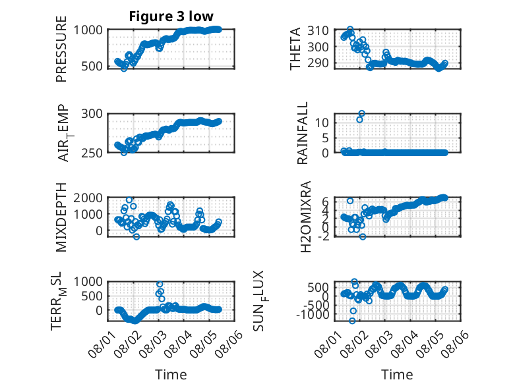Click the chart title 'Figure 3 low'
click(x=171, y=16)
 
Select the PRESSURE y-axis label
click(x=61, y=49)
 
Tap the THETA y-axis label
click(x=295, y=49)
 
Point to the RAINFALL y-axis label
click(x=302, y=132)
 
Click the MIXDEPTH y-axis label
click(x=61, y=217)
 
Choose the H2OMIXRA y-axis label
click(x=305, y=217)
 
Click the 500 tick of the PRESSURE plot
click(x=92, y=67)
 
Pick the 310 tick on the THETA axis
click(x=318, y=31)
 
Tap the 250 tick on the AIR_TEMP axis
click(x=92, y=153)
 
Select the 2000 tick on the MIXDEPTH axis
click(x=88, y=198)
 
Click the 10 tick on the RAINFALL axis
click(x=322, y=123)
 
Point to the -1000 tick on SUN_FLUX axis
click(x=313, y=315)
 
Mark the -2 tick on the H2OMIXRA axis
click(x=323, y=236)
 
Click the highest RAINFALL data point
click(x=361, y=113)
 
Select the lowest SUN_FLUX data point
click(x=352, y=321)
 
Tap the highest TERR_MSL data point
click(x=160, y=284)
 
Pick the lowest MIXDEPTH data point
click(x=136, y=236)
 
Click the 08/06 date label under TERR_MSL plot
click(x=231, y=344)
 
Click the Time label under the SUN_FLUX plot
click(x=397, y=375)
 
